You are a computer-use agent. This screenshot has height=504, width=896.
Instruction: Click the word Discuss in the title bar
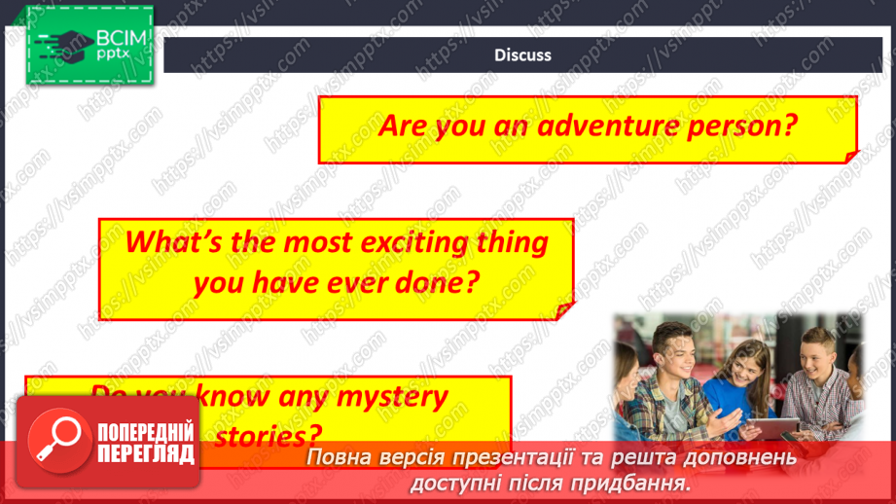522,55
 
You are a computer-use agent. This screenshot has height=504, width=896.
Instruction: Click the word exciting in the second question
370,241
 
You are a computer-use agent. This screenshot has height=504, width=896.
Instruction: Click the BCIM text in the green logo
121,38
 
